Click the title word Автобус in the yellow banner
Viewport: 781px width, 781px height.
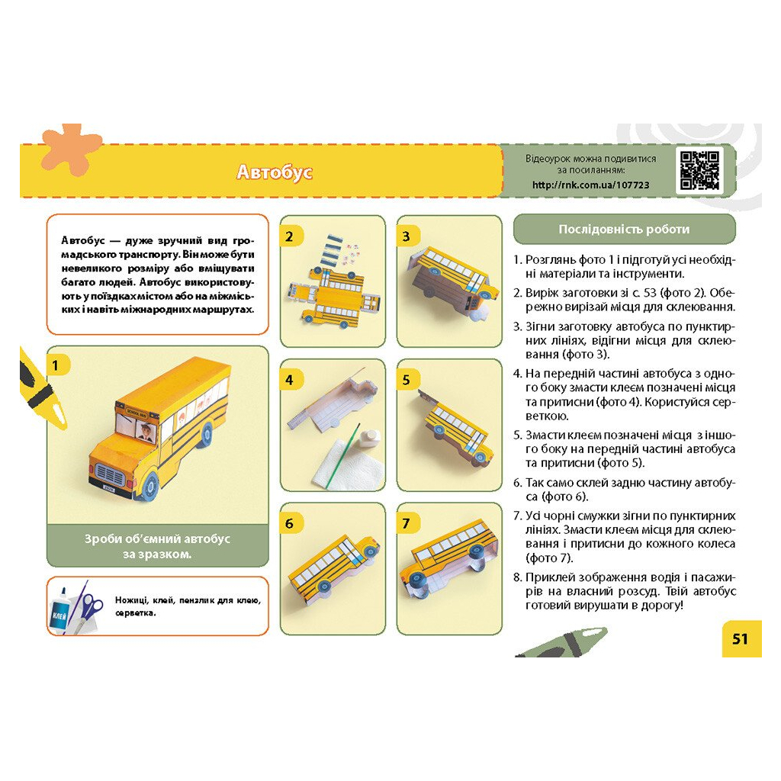pos(274,172)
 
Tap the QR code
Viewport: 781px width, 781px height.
pos(699,170)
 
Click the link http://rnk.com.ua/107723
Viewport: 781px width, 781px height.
pos(591,185)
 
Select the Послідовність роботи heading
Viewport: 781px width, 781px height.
pos(624,229)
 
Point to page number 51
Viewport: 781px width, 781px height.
pos(740,638)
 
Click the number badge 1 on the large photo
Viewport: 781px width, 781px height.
pos(55,365)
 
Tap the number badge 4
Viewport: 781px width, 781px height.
pos(289,380)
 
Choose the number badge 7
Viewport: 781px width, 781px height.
pos(407,523)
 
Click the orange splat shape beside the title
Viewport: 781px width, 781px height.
pos(69,149)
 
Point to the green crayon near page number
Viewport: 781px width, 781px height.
pos(561,644)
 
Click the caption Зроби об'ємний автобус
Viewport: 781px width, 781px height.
pos(157,539)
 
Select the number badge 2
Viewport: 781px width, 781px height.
pos(289,236)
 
